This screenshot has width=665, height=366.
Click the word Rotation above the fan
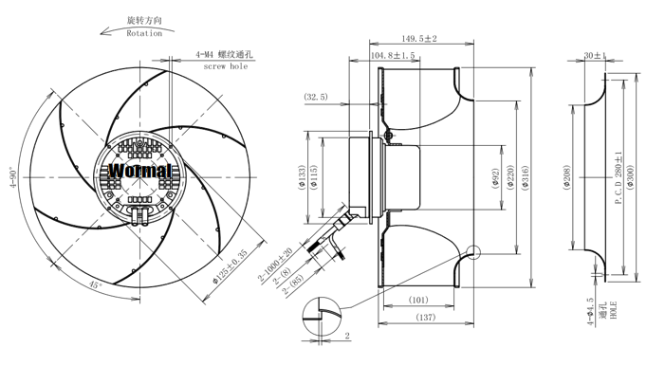pos(144,33)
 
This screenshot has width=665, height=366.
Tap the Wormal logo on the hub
pos(139,171)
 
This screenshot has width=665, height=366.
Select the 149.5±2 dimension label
pos(419,39)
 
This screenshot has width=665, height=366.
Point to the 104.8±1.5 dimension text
pos(393,56)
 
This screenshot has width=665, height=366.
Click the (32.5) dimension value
pos(316,97)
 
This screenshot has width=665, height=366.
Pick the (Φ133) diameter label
pos(302,177)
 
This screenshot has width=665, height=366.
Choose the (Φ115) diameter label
pos(314,176)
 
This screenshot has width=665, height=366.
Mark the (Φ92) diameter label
pos(496,177)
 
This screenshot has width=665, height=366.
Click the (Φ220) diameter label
pos(510,177)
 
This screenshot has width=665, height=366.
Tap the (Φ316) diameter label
pos(526,177)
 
